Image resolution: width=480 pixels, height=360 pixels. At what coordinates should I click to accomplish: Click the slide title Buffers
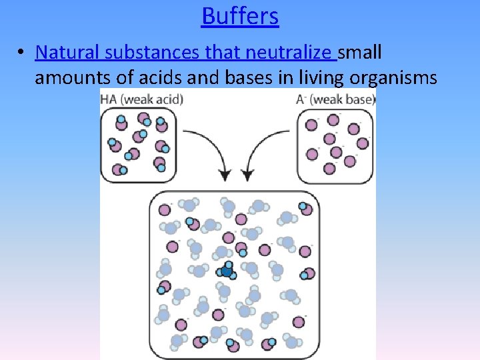tap(240, 15)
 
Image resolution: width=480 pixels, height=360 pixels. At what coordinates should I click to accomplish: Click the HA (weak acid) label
tap(141, 99)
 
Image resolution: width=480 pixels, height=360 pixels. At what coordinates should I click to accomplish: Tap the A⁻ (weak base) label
tap(335, 99)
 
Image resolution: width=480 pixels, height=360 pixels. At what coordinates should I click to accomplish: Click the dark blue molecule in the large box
tap(227, 271)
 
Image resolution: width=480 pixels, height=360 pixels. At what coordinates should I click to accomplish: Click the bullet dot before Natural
tap(22, 53)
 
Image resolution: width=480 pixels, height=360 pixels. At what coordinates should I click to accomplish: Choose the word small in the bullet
tap(361, 52)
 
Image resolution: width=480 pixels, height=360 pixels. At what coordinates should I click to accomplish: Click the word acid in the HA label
tap(168, 99)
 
